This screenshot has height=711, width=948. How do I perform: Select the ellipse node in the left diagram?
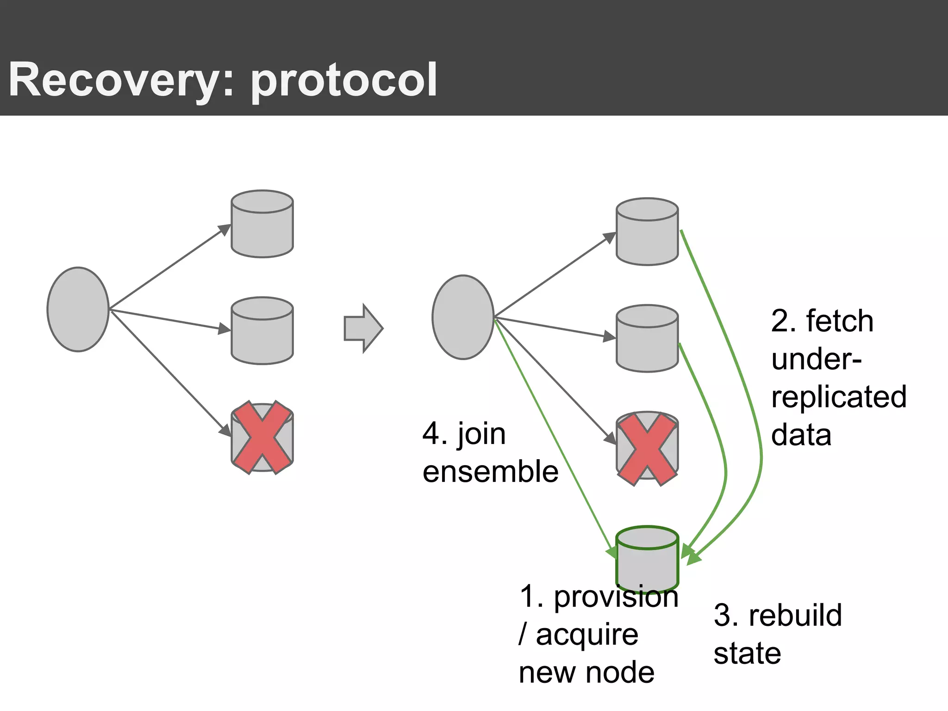tap(78, 309)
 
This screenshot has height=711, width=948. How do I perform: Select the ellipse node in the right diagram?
tap(462, 317)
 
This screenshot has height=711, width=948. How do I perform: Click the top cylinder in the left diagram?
tap(262, 225)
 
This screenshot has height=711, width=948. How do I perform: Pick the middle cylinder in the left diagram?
tap(262, 331)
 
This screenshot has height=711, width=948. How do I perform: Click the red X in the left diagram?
tap(262, 437)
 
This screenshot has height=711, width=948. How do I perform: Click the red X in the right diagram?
tap(647, 449)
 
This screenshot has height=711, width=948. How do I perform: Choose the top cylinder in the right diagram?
tap(647, 232)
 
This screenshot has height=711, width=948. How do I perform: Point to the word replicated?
tap(838, 397)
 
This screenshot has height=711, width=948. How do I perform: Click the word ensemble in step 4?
tap(490, 472)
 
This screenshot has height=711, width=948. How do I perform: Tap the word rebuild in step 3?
tap(795, 615)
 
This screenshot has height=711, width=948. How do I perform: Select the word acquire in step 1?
tap(586, 635)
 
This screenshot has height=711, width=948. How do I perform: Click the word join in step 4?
tap(481, 434)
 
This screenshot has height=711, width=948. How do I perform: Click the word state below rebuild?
tap(747, 653)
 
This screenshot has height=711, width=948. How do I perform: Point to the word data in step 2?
tap(801, 435)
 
